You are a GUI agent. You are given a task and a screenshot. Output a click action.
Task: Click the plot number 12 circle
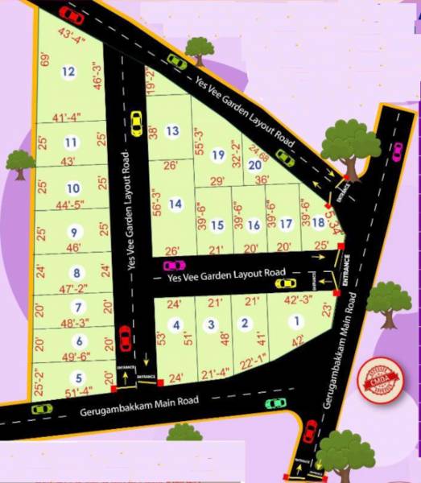tap(68, 72)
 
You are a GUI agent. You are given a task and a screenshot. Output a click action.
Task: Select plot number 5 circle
tap(77, 378)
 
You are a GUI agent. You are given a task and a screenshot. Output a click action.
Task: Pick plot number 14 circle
tap(175, 204)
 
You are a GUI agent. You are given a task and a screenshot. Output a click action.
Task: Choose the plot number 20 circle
tap(254, 165)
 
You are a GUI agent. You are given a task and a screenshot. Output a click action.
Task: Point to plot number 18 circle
tap(319, 223)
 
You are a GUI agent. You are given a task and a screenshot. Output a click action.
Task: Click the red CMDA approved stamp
tap(381, 381)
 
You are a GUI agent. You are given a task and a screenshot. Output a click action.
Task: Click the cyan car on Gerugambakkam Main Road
tap(276, 402)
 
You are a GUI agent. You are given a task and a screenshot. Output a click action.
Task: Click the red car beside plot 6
tap(125, 339)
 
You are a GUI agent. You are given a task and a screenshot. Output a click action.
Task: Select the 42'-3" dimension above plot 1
tap(299, 299)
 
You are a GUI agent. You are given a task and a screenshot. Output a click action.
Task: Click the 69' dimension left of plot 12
tap(45, 60)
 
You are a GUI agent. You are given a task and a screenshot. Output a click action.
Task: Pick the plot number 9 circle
tap(74, 233)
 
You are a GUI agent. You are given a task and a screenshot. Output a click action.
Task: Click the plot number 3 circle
tap(211, 324)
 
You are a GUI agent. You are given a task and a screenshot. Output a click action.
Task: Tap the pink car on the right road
tap(396, 150)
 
